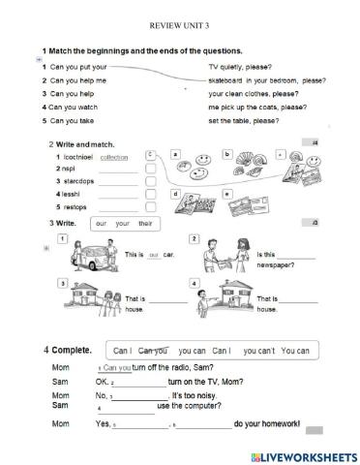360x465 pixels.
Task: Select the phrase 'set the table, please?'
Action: (243, 121)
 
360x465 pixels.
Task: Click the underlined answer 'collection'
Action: (114, 156)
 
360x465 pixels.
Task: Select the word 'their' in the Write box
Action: (146, 224)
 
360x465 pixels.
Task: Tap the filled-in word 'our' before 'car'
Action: (153, 255)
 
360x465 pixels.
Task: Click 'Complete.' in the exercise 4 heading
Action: (73, 349)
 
